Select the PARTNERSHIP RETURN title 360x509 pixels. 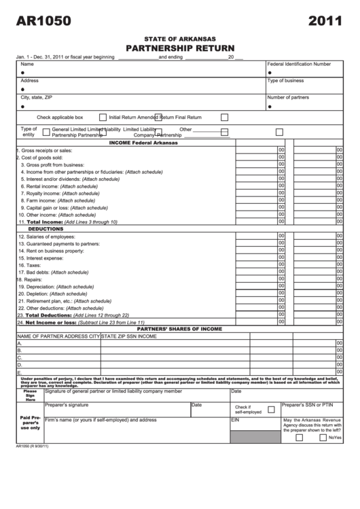180,48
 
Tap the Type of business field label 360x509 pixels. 285,80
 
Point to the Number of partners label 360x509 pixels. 288,97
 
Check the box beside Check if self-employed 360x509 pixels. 271,409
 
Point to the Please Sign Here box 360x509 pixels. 30,396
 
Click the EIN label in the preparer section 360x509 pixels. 236,420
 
